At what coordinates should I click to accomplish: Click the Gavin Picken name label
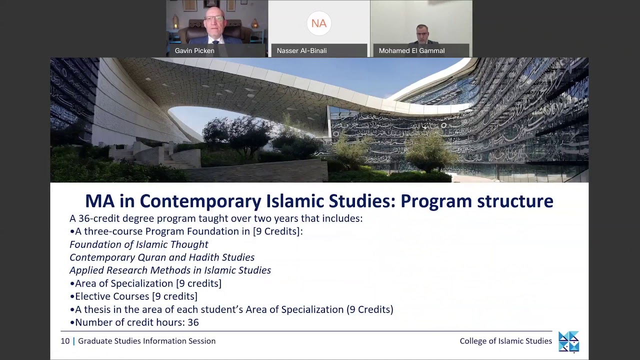194,51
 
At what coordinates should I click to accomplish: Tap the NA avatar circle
319,23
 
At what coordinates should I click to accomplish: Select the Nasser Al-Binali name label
301,51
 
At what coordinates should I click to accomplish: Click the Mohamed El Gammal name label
411,51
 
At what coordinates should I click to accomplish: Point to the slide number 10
65,341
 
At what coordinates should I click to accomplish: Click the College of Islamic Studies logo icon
568,341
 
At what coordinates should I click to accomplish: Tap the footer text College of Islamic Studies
505,341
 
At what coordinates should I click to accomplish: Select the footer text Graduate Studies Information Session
146,341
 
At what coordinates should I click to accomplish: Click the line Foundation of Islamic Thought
139,244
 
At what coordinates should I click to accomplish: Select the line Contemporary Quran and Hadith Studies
162,257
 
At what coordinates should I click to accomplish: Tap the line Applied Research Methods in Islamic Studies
170,270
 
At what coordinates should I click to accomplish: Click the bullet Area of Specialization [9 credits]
148,283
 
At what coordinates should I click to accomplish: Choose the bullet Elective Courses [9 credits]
136,296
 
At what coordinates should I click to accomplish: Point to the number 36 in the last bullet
193,322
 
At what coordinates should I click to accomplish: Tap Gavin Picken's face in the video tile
214,22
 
